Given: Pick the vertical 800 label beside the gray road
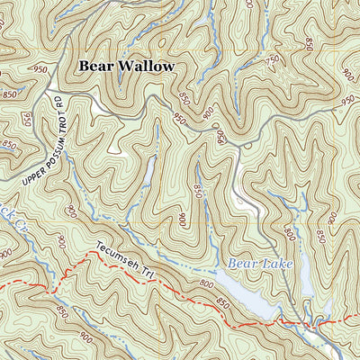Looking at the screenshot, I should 290,236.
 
